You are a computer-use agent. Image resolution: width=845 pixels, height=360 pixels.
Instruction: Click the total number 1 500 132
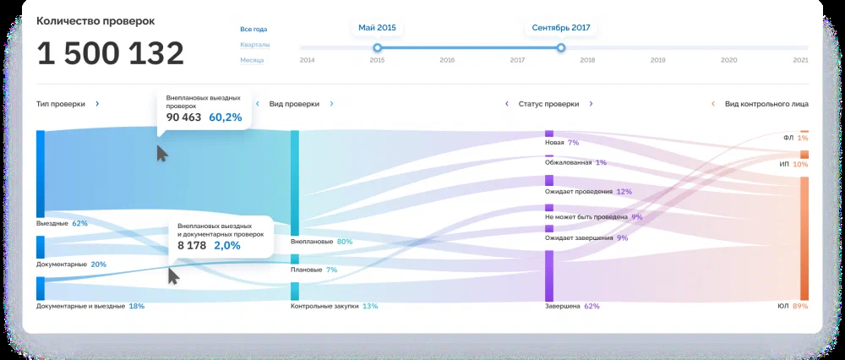tap(110, 54)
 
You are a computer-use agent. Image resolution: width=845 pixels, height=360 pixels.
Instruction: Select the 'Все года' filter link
tap(253, 30)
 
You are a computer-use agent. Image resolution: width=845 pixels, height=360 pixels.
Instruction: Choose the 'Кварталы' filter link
tap(255, 45)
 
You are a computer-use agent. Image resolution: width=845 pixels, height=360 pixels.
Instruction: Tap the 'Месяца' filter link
tap(253, 60)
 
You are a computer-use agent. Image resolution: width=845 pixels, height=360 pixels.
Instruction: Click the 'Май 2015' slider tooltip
tap(377, 28)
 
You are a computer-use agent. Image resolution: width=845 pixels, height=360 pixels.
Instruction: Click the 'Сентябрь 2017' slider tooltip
tap(561, 28)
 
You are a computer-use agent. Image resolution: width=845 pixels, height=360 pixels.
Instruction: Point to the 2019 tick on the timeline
tap(657, 60)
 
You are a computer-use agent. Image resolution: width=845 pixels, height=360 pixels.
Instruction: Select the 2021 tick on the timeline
tap(800, 60)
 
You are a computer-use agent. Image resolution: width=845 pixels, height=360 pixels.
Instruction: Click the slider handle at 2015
tap(377, 48)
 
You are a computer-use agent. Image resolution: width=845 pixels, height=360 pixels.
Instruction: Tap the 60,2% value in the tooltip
tap(226, 117)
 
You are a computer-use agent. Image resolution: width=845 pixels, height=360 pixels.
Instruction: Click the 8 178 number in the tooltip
tap(191, 245)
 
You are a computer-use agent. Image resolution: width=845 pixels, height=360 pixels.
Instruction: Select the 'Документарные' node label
tap(61, 265)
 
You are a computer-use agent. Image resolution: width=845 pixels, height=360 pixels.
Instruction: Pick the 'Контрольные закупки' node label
tap(324, 306)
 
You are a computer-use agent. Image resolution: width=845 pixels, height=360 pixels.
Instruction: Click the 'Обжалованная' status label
tap(569, 162)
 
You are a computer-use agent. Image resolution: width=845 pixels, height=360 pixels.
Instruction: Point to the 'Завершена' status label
tap(563, 306)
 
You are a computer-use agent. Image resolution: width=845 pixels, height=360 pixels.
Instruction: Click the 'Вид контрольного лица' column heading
tap(766, 104)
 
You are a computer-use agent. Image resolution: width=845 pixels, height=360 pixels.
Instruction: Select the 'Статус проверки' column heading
tap(549, 104)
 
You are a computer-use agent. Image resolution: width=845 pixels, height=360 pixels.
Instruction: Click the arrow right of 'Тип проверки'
tap(97, 104)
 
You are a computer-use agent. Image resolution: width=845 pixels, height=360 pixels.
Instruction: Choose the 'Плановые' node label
tap(306, 270)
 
